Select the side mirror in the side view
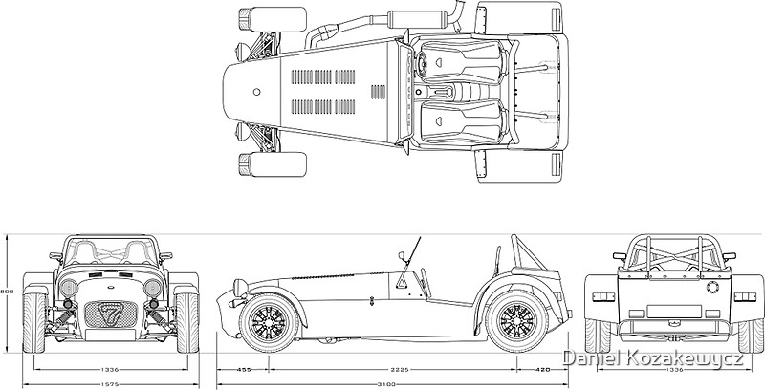[404, 255]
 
